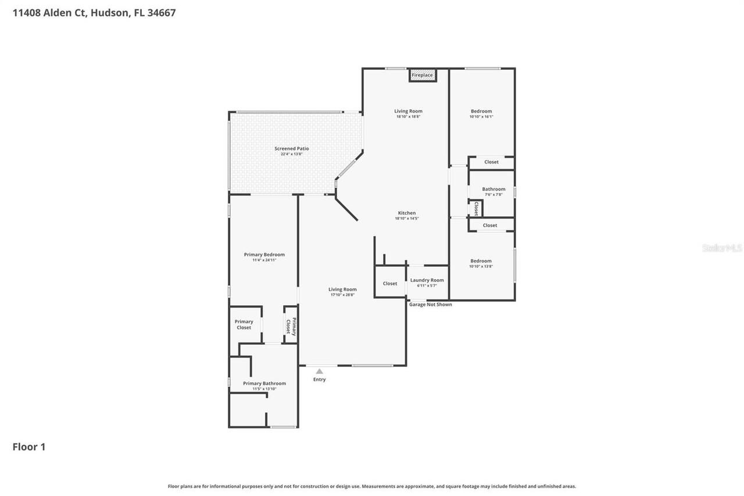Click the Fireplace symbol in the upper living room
click(422, 75)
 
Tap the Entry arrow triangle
click(319, 371)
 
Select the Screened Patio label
click(292, 149)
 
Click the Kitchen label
click(406, 213)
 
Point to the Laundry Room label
click(427, 280)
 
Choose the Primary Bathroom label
click(264, 383)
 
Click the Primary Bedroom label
click(264, 255)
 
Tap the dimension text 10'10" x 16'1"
click(481, 117)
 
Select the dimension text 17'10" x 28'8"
click(342, 295)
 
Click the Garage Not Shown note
click(430, 305)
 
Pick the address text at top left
click(94, 12)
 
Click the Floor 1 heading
click(29, 447)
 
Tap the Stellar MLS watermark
click(722, 248)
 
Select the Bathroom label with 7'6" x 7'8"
click(493, 189)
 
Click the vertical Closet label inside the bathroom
click(476, 208)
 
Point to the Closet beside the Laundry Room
click(390, 284)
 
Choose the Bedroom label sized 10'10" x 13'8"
click(481, 261)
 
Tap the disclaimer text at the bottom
click(372, 486)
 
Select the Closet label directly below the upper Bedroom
click(491, 162)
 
